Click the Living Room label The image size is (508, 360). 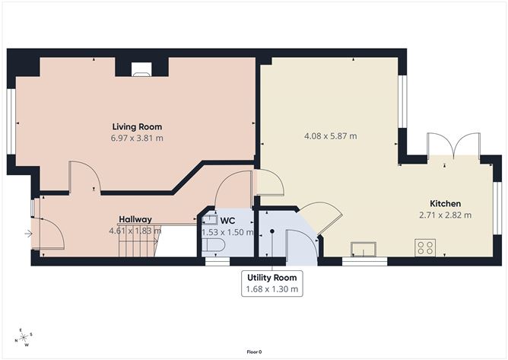[137, 126]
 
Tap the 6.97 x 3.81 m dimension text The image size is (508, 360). [137, 139]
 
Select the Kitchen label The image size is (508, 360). [446, 203]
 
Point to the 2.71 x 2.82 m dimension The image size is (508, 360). [446, 215]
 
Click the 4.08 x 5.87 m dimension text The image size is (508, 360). [330, 137]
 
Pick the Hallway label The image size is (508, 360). [135, 218]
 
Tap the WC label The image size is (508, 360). [227, 221]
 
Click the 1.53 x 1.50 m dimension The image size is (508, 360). [227, 232]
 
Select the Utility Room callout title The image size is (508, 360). [272, 277]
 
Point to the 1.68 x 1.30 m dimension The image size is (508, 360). [272, 289]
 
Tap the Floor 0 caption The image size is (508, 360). [254, 352]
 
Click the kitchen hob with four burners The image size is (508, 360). [425, 247]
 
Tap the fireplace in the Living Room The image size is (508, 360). [141, 71]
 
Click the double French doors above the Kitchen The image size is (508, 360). [453, 145]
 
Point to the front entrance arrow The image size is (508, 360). [28, 234]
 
